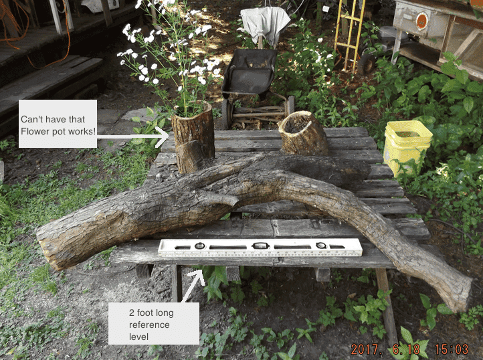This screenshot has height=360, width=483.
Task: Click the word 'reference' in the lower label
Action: [149, 325]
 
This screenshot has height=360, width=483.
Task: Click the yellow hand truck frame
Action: [348, 33]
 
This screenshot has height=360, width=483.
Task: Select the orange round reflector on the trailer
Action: [422, 21]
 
